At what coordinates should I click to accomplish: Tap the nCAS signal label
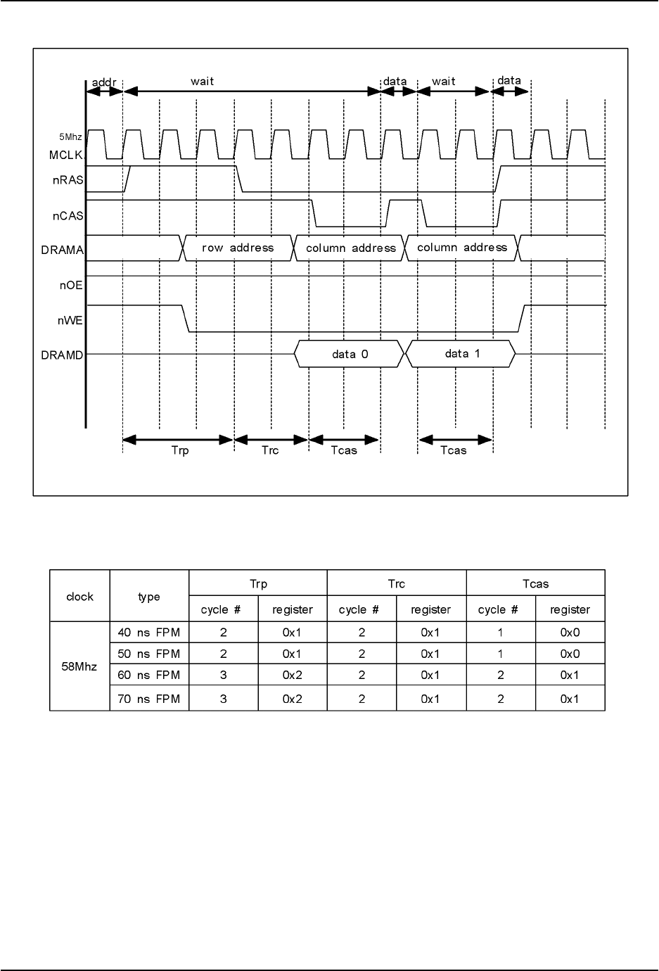click(x=69, y=216)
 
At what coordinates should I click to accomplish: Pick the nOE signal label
click(x=71, y=286)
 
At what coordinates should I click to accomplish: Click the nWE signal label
click(x=70, y=321)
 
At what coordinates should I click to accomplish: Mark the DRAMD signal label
click(x=63, y=355)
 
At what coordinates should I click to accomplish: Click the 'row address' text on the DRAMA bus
click(x=238, y=248)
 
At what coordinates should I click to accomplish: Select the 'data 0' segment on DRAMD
click(x=350, y=355)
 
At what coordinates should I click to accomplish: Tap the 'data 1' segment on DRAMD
click(x=462, y=353)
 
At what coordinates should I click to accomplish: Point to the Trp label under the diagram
click(x=180, y=450)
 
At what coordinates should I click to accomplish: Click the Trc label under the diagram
click(x=270, y=450)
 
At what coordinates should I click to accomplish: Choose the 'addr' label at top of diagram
click(x=104, y=81)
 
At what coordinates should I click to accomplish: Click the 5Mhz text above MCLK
click(x=71, y=138)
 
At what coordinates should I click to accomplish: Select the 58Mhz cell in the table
click(x=79, y=665)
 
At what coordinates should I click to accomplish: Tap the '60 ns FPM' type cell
click(x=149, y=675)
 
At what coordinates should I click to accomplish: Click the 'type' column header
click(x=149, y=597)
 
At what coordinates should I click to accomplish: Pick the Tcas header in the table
click(x=535, y=583)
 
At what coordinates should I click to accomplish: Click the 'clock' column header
click(x=79, y=597)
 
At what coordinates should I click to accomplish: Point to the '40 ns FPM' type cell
click(x=149, y=632)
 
